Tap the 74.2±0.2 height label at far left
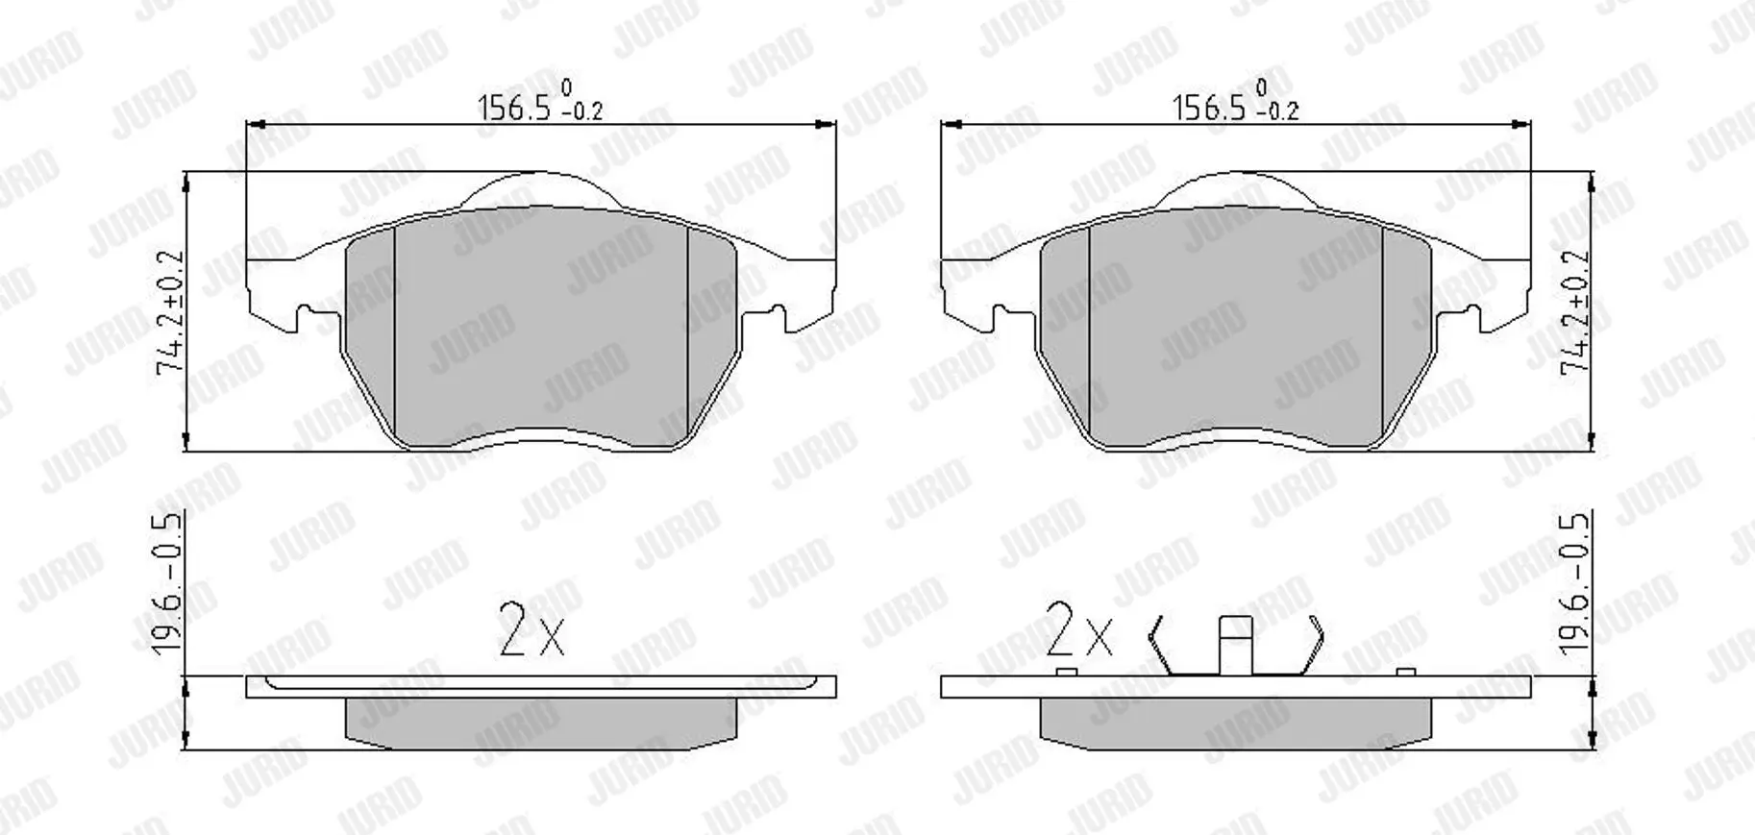pyautogui.click(x=171, y=312)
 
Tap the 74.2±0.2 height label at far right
pyautogui.click(x=1576, y=312)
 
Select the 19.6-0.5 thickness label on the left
pyautogui.click(x=167, y=583)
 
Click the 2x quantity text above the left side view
pyautogui.click(x=531, y=629)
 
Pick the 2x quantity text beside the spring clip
pyautogui.click(x=1078, y=629)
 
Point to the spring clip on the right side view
pyautogui.click(x=1236, y=645)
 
